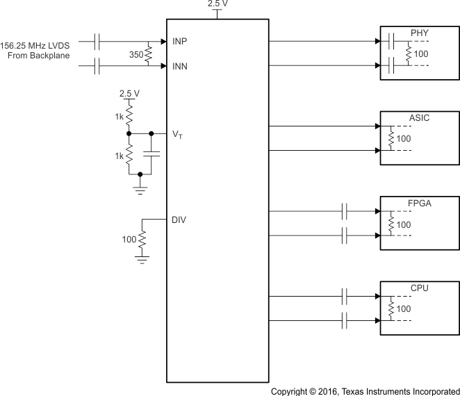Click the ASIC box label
coord(420,117)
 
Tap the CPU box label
coord(420,287)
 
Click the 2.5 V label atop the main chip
coord(218,4)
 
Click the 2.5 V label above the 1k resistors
coord(129,93)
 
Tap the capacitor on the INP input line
coord(97,41)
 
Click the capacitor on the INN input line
coord(97,66)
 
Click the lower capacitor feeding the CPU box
coord(345,320)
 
